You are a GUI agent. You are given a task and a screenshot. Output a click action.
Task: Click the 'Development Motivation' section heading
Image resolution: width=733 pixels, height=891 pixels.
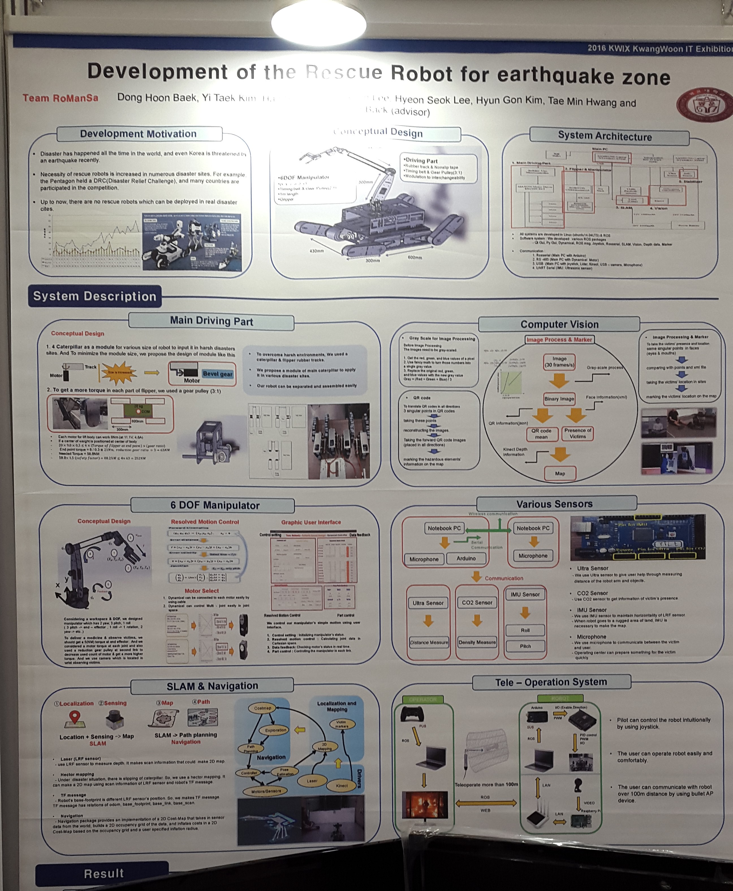[139, 134]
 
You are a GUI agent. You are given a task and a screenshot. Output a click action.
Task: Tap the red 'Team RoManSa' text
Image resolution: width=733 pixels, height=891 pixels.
[61, 98]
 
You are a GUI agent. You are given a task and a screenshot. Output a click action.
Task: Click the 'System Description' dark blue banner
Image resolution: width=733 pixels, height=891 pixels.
[94, 296]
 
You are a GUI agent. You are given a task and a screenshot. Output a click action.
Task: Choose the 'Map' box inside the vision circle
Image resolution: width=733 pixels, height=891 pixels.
[560, 473]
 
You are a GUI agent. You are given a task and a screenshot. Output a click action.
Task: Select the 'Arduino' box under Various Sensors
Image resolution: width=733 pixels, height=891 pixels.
[466, 558]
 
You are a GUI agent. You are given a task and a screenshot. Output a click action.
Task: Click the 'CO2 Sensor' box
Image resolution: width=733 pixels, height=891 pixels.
[477, 603]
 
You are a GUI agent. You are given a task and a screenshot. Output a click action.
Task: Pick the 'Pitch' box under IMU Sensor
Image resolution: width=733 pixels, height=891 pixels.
[525, 646]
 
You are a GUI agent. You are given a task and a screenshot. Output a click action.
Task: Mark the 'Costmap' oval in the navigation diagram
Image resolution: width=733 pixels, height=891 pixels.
[263, 708]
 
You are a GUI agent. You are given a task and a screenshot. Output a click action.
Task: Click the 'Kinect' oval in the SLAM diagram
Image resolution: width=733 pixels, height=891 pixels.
[342, 786]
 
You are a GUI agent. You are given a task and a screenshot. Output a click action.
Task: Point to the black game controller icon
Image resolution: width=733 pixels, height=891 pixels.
[412, 714]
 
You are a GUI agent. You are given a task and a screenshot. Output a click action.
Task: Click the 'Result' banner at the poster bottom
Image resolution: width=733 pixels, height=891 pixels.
[104, 873]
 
